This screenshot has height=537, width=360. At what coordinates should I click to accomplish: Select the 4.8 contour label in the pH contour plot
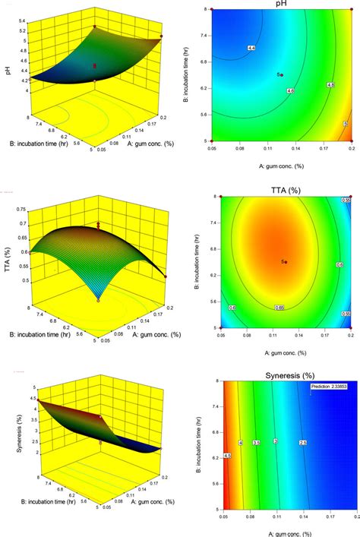pyautogui.click(x=329, y=85)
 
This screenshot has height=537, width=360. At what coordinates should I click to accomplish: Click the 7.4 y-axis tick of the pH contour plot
pyautogui.click(x=206, y=36)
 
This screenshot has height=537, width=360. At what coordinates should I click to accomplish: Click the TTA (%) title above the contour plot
pyautogui.click(x=285, y=188)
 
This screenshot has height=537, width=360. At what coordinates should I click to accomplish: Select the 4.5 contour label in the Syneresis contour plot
pyautogui.click(x=227, y=477)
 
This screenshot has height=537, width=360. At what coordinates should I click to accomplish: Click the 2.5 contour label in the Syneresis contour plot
pyautogui.click(x=303, y=443)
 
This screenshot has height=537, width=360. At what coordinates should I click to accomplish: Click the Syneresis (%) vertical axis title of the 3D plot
pyautogui.click(x=6, y=431)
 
